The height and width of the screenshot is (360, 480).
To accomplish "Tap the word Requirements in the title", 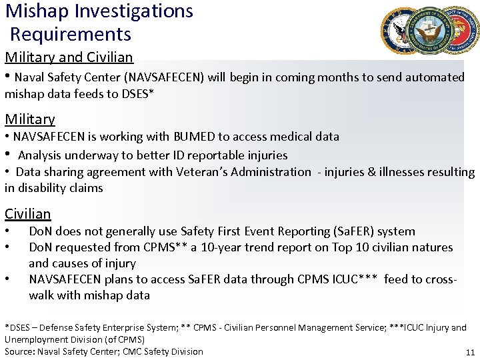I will pyautogui.click(x=71, y=34).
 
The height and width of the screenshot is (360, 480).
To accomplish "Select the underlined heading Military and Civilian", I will pyautogui.click(x=69, y=57).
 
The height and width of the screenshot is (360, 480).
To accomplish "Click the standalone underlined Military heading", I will pyautogui.click(x=30, y=119).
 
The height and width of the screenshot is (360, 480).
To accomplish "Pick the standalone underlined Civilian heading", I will pyautogui.click(x=28, y=214).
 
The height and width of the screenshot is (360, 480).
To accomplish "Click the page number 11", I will pyautogui.click(x=470, y=353).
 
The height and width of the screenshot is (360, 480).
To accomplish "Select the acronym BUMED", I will pyautogui.click(x=191, y=137).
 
